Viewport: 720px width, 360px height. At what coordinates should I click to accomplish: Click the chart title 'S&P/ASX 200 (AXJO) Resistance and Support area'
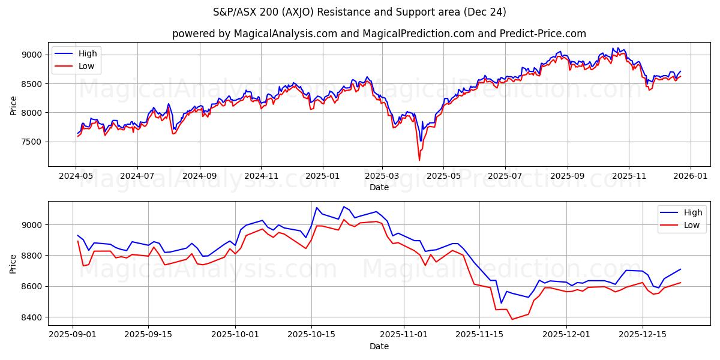(359, 12)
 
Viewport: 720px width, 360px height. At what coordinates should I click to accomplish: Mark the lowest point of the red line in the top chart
(419, 160)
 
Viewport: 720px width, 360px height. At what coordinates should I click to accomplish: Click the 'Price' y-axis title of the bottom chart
(13, 263)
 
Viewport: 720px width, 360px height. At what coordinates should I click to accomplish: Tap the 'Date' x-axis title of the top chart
(379, 187)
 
